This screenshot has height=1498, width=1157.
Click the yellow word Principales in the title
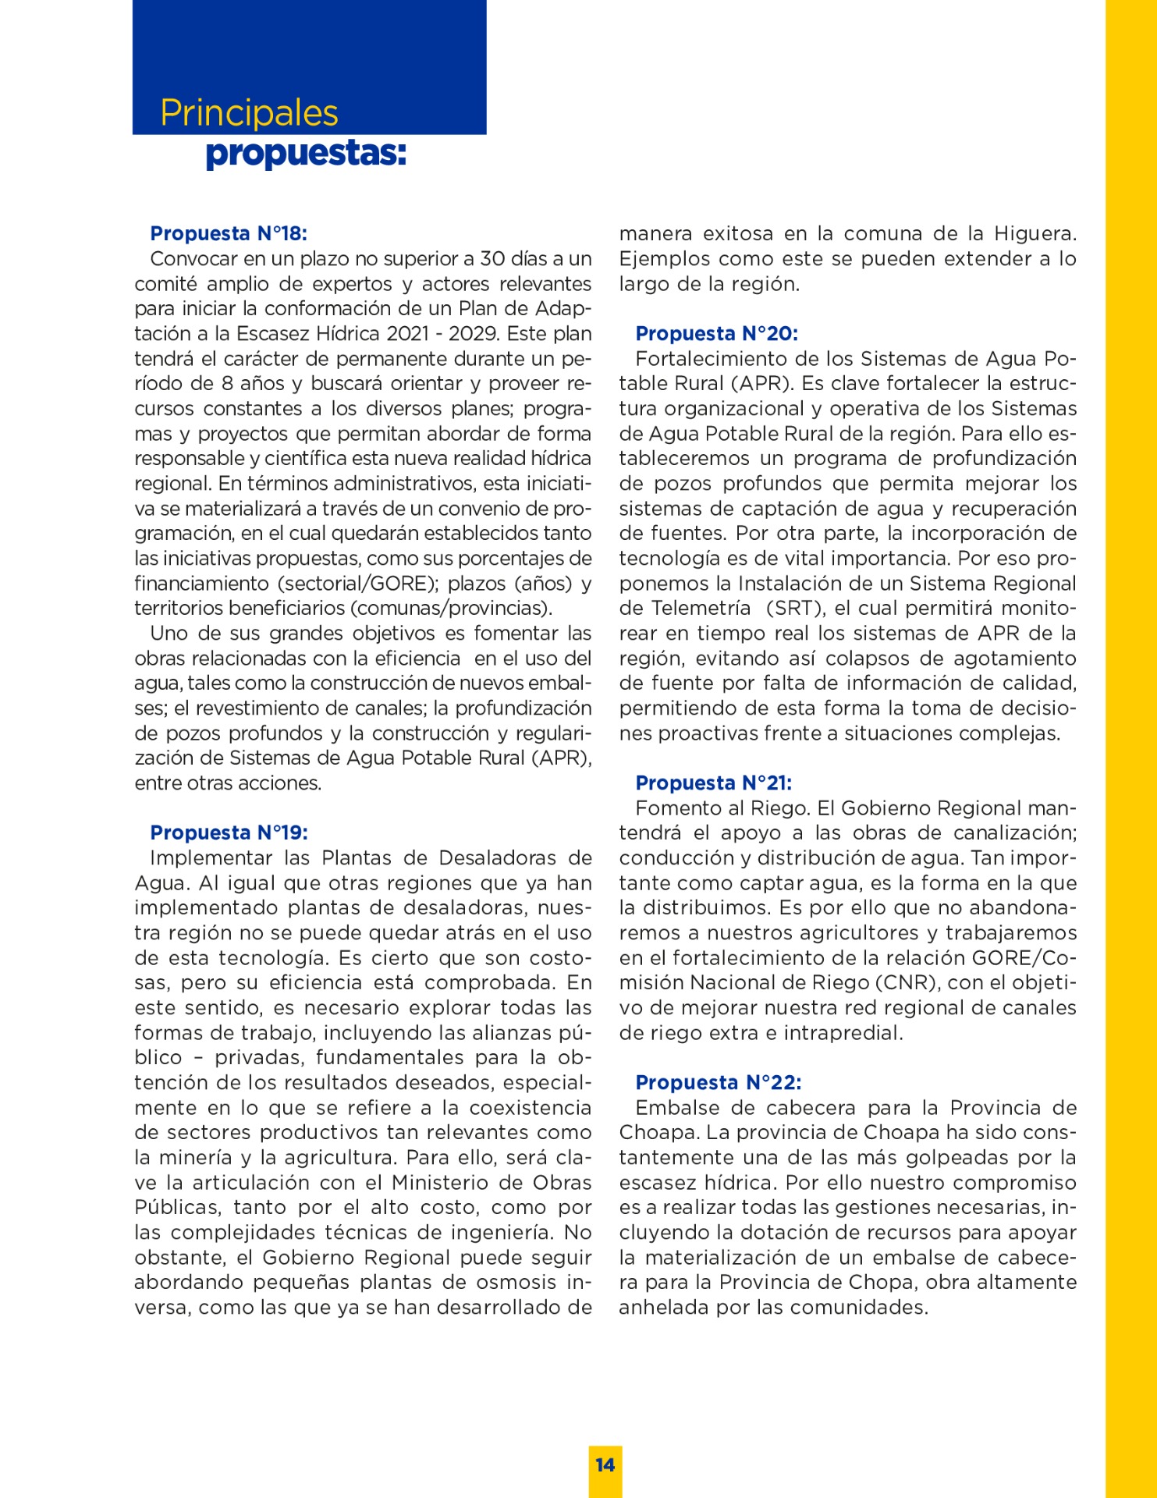(249, 113)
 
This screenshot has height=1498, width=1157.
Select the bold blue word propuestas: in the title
(306, 153)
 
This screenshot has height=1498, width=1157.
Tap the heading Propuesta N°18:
(229, 233)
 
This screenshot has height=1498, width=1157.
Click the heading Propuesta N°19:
(229, 832)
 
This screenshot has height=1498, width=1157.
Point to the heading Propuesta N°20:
(716, 333)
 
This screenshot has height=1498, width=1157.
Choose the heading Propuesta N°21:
(713, 783)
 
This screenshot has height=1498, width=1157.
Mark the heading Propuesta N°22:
(718, 1082)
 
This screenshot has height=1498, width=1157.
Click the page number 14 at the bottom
(605, 1464)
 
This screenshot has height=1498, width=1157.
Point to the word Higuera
(1035, 233)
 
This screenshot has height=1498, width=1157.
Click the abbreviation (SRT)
(793, 608)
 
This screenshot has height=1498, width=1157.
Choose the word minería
(202, 1157)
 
